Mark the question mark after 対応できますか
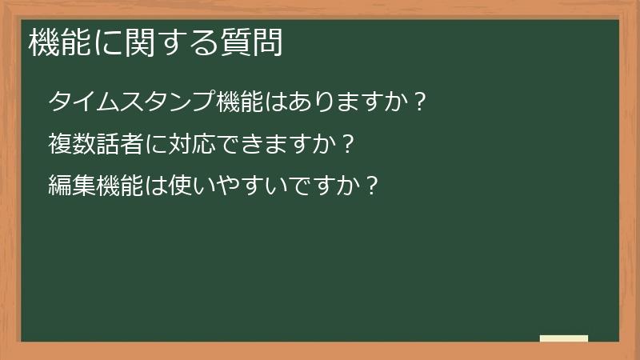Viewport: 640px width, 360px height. pos(346,145)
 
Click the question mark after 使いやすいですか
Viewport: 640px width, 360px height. pos(370,186)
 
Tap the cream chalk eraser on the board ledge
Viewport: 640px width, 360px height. pos(564,338)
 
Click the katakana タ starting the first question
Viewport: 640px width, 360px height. pos(61,102)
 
